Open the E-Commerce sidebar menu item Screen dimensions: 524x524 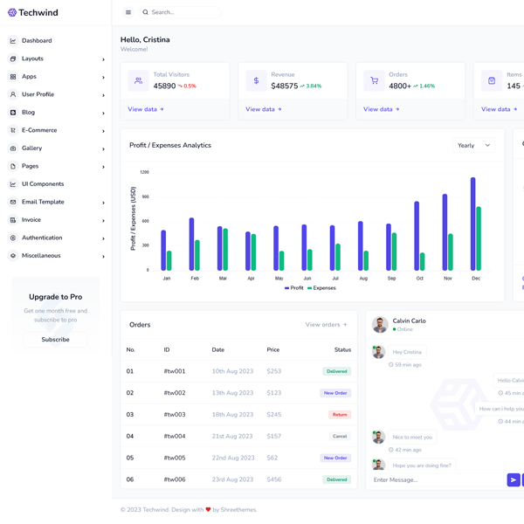click(39, 130)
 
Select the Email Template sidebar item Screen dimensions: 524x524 click(43, 202)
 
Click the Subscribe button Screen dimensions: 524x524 click(55, 339)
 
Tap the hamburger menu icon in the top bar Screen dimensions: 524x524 click(128, 12)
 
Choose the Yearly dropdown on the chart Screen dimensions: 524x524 click(474, 146)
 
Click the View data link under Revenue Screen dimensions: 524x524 click(263, 109)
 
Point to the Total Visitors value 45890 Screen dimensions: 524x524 click(164, 86)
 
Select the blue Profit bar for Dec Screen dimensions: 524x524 click(472, 224)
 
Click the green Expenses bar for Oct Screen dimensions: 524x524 click(423, 261)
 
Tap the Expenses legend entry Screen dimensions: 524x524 click(322, 287)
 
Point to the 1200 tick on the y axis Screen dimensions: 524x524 click(144, 172)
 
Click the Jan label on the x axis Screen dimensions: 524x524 click(167, 278)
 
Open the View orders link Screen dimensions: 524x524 click(326, 325)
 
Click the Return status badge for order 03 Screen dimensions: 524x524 click(340, 415)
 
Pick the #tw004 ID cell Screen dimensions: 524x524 click(175, 436)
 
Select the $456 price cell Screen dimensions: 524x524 click(274, 479)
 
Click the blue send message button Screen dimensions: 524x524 click(514, 479)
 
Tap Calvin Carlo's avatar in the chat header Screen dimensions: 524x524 click(380, 325)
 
